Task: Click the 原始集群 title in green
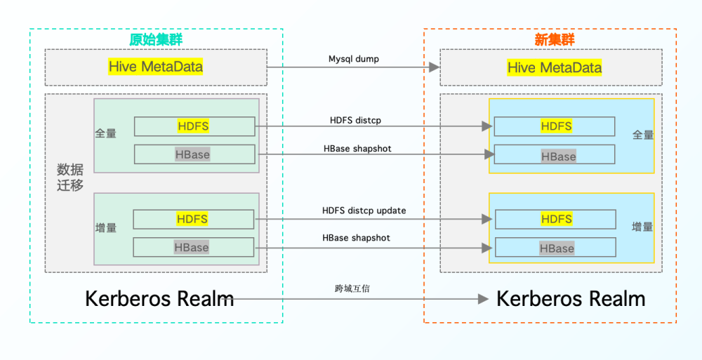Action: [x=156, y=40]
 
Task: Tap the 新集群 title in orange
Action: [x=555, y=40]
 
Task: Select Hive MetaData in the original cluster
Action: [x=155, y=67]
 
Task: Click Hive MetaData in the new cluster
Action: [x=555, y=67]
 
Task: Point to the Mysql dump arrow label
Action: [x=354, y=59]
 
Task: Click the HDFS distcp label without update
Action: [x=355, y=120]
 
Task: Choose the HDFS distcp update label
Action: [x=364, y=211]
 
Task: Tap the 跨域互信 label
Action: [x=352, y=289]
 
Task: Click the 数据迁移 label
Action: [x=69, y=178]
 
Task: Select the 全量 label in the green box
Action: [x=106, y=133]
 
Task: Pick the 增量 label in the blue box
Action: [x=642, y=227]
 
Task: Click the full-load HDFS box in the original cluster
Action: [x=194, y=126]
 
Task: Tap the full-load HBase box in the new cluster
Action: [x=555, y=154]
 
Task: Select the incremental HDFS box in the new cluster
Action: [x=555, y=219]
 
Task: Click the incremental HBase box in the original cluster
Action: [x=194, y=247]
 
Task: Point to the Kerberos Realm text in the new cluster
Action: [x=571, y=299]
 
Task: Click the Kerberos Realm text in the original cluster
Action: [x=159, y=299]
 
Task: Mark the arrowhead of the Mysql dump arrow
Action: [x=435, y=67]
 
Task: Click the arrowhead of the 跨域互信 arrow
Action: [x=484, y=299]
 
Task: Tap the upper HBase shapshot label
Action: [x=357, y=148]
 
